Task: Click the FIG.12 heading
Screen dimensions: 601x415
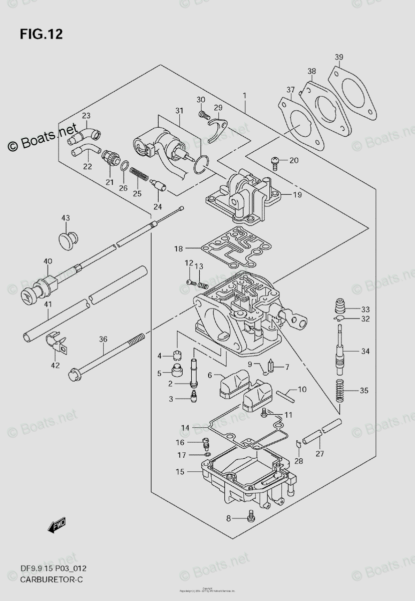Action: pyautogui.click(x=42, y=34)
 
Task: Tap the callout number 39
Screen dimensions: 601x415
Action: pyautogui.click(x=339, y=57)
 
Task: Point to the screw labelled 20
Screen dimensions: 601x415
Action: pyautogui.click(x=275, y=161)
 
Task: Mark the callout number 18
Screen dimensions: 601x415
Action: pyautogui.click(x=179, y=248)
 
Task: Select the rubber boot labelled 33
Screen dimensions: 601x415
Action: pyautogui.click(x=340, y=306)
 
